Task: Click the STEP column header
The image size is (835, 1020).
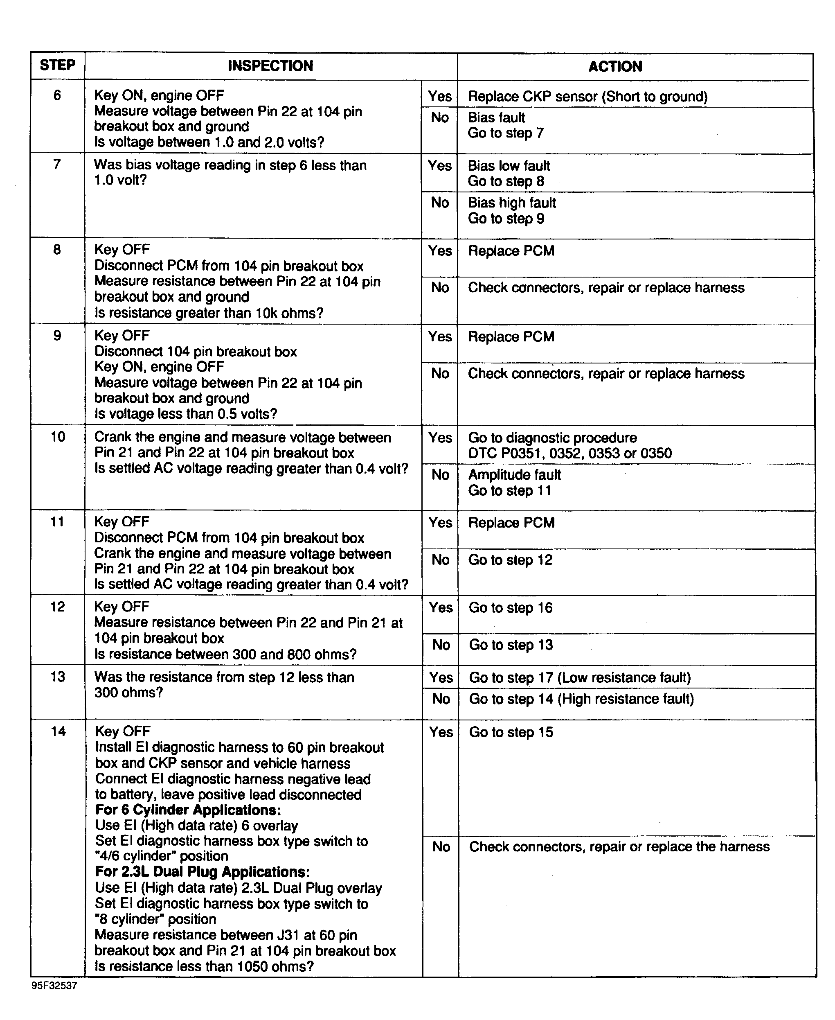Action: pos(57,65)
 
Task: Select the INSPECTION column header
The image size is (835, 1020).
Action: pos(270,66)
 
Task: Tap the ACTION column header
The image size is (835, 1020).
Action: pos(615,66)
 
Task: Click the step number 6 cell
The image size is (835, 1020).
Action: pos(57,95)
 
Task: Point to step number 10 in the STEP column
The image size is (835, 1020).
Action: pos(58,437)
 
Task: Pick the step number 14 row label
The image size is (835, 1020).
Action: pos(58,731)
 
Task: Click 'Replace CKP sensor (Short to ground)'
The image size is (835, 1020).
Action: pos(587,97)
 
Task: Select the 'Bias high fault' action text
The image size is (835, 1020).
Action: pos(512,203)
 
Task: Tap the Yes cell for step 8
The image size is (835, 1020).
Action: pos(440,250)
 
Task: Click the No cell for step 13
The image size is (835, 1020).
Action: pos(441,699)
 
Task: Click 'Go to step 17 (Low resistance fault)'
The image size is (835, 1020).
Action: pos(580,677)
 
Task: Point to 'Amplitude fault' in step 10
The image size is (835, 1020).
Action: pos(515,475)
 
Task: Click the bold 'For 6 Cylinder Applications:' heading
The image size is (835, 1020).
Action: pos(188,810)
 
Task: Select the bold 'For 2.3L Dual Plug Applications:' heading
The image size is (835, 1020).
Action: pos(203,872)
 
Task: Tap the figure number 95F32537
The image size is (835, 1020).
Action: pos(54,985)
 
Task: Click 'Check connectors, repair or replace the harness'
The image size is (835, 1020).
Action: pos(619,847)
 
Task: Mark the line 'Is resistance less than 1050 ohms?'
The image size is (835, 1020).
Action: pos(204,966)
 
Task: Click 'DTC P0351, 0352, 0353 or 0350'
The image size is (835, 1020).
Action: pos(570,453)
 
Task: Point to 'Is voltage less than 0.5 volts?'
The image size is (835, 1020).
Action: pos(186,414)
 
